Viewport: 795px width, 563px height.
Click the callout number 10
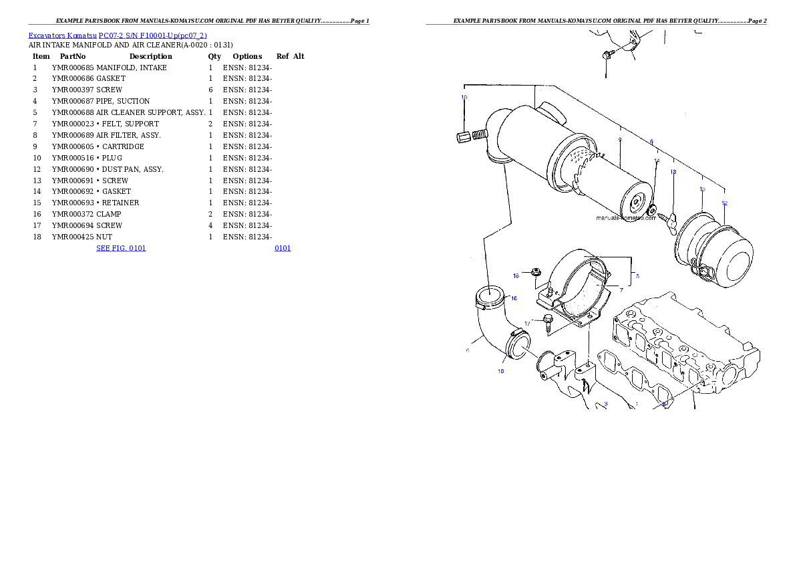[464, 97]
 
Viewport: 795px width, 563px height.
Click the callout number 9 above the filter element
[620, 140]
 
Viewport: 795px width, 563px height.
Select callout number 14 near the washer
[657, 161]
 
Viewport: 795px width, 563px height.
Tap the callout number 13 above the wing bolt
[673, 172]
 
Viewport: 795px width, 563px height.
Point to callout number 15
[702, 189]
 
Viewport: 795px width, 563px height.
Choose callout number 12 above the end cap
[724, 203]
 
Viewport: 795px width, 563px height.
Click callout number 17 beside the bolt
[527, 323]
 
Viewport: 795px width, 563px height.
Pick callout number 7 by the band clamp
[621, 290]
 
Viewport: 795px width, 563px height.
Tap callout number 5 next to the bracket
[637, 275]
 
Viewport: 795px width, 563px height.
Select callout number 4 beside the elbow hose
[467, 350]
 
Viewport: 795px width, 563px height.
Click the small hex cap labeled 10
[460, 138]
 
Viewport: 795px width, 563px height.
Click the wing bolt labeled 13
[669, 217]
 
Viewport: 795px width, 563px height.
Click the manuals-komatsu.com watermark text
[626, 217]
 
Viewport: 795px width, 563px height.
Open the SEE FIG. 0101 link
[121, 248]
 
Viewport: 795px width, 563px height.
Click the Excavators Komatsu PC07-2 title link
[118, 35]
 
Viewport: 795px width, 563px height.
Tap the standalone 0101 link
[283, 248]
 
